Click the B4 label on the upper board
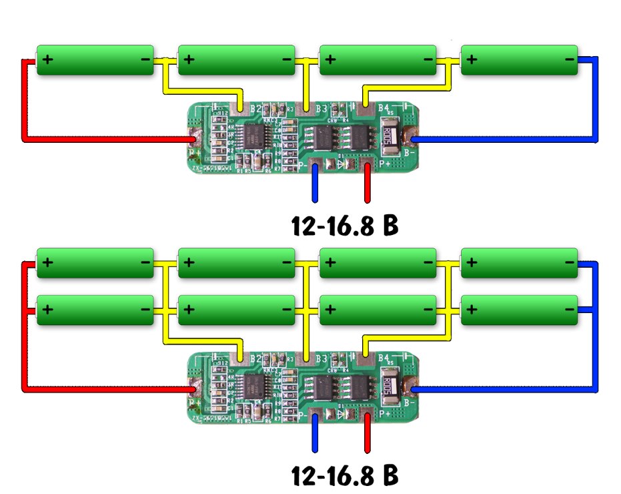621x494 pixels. (x=384, y=107)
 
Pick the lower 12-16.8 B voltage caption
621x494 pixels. (x=345, y=475)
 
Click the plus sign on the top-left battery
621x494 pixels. (x=47, y=59)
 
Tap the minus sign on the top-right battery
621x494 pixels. (x=569, y=59)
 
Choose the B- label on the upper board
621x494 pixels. (x=410, y=152)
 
